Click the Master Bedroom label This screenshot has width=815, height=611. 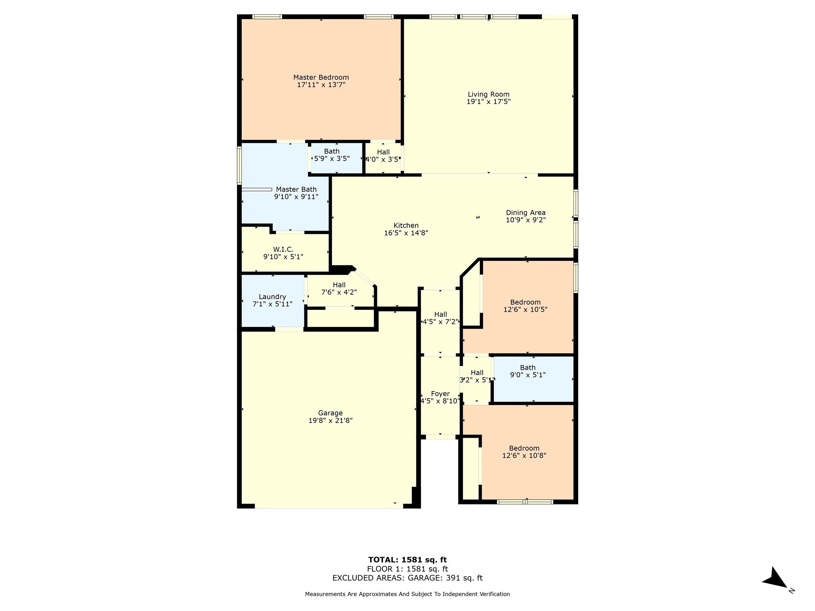tap(321, 78)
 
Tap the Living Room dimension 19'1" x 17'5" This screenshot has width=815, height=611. tap(488, 102)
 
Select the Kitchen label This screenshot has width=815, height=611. tap(406, 226)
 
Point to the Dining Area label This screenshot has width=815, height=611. tap(525, 213)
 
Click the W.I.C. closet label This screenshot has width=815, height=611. tap(283, 249)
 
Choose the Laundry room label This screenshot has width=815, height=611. tap(272, 297)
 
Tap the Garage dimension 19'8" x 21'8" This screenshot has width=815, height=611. tap(330, 420)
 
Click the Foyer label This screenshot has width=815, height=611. tap(440, 394)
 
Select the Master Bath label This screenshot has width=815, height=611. tap(296, 189)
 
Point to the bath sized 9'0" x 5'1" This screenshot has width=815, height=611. tap(528, 371)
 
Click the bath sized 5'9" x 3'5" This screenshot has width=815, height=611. tap(332, 155)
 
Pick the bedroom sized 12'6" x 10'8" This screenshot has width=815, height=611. tap(524, 452)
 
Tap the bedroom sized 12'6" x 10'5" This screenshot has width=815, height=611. tap(525, 306)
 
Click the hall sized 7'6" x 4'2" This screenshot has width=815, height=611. tap(339, 288)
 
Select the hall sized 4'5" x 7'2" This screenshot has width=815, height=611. tap(441, 318)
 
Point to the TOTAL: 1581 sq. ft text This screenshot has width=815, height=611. tap(407, 560)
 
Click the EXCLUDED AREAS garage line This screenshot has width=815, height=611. tap(407, 578)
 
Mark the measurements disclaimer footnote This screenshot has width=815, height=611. tap(407, 594)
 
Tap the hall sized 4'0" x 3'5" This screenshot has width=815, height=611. tap(383, 156)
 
